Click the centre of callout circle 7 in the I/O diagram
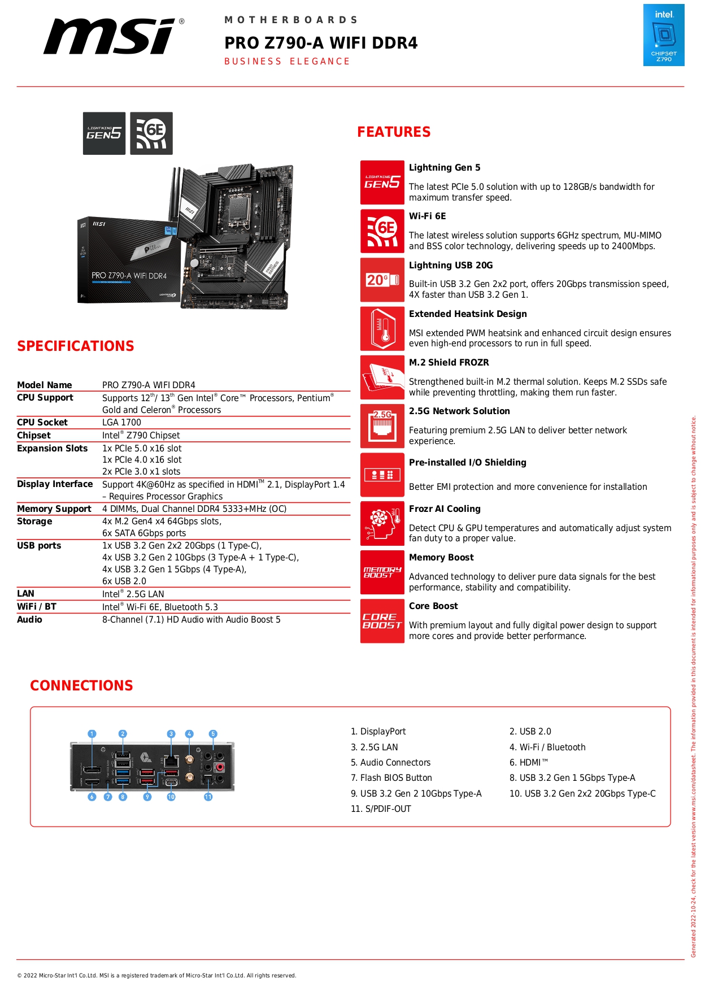(108, 797)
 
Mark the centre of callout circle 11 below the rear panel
(208, 797)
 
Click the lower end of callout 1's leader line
(92, 767)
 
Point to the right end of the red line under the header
(684, 86)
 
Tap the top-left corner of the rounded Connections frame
(31, 707)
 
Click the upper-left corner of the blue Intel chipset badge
(643, 5)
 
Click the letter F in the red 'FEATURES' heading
(362, 132)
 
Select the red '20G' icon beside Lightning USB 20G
(382, 280)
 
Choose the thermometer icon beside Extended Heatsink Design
(382, 329)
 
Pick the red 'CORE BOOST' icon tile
(382, 621)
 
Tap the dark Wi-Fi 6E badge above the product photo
(151, 133)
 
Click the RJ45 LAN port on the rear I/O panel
(171, 760)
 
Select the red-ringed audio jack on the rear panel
(220, 767)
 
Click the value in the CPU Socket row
(121, 423)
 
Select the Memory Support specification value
(194, 509)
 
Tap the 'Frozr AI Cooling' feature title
(445, 509)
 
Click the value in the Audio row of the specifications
(191, 620)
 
